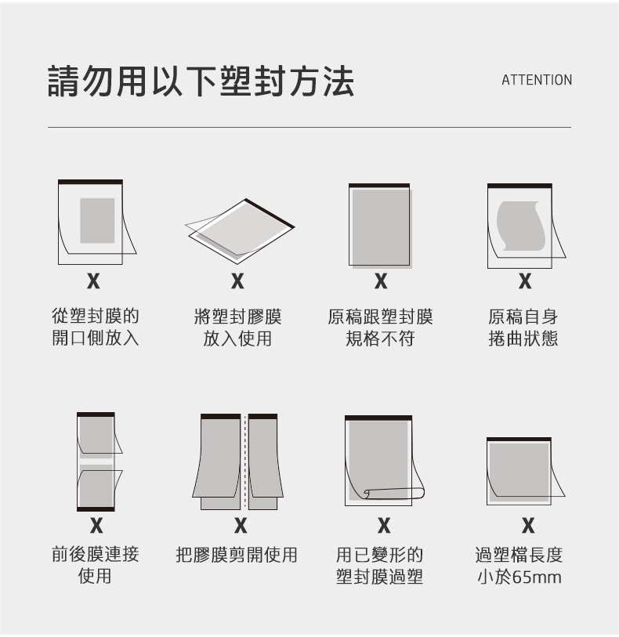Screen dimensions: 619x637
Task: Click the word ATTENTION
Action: pos(537,80)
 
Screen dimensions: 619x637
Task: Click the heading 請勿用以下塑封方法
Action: pos(201,81)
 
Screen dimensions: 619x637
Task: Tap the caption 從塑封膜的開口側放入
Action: pos(96,327)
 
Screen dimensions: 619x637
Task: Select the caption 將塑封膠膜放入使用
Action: pos(237,328)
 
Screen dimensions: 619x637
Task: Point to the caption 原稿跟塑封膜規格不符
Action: pos(380,328)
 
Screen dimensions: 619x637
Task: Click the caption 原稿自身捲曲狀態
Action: pos(523,328)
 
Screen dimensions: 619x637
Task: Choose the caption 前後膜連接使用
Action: pos(96,565)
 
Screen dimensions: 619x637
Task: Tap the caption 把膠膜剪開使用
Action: pos(237,555)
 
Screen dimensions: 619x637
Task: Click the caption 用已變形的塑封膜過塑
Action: pos(380,566)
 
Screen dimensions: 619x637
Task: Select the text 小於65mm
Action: pos(519,577)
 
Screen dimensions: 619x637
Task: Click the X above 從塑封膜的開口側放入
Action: pos(93,280)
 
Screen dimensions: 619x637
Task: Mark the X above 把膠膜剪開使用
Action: pos(241,525)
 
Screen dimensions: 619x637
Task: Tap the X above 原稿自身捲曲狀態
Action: pos(525,280)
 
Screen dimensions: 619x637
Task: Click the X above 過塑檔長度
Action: pos(528,525)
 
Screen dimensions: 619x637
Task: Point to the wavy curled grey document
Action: pos(521,226)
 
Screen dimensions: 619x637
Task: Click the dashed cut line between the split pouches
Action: pos(244,461)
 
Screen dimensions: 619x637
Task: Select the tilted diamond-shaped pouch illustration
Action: pos(240,232)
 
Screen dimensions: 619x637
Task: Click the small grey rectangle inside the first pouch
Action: pos(97,221)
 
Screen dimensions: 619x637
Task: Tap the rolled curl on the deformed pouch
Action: pos(393,494)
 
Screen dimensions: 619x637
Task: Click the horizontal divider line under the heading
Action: pos(309,127)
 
